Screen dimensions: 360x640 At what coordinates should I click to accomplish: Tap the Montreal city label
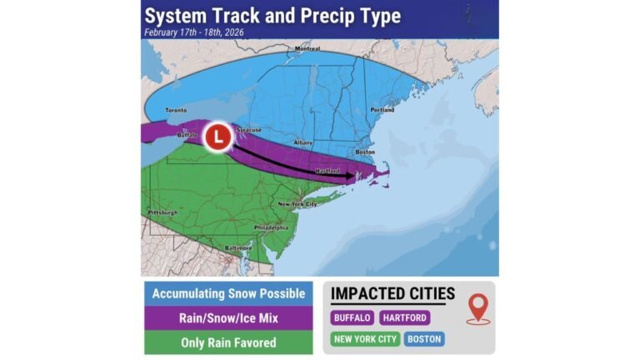[x=307, y=48]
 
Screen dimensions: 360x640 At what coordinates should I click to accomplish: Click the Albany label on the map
[x=304, y=142]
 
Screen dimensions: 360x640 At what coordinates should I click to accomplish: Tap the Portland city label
[x=382, y=110]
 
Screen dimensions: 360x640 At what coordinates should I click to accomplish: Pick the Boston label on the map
[x=365, y=152]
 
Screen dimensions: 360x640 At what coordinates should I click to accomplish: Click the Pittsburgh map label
[x=162, y=212]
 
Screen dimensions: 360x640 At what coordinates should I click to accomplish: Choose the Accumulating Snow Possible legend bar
[x=227, y=293]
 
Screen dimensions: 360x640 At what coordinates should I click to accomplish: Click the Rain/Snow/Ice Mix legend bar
[x=227, y=317]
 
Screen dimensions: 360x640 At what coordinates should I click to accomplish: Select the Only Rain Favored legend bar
[x=227, y=342]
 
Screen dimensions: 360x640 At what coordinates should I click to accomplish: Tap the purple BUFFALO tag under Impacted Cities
[x=352, y=317]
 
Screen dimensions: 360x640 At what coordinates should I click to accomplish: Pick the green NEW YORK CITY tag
[x=364, y=339]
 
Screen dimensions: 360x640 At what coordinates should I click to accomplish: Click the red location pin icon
[x=477, y=308]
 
